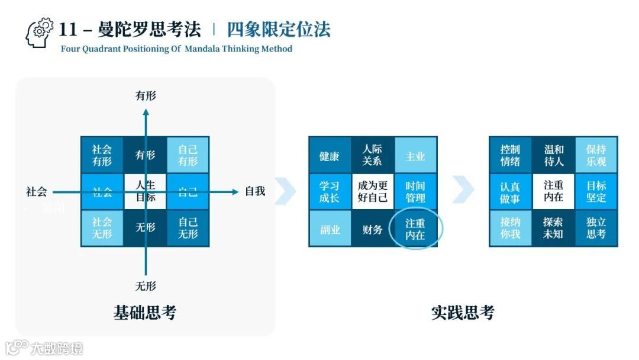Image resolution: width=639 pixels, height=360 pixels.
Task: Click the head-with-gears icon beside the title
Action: click(39, 33)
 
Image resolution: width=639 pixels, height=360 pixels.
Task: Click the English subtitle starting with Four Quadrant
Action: click(176, 49)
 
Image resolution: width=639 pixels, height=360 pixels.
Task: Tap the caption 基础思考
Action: click(145, 312)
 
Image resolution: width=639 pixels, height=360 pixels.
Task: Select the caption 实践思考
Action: click(463, 312)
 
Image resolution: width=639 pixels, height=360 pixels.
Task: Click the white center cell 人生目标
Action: click(146, 191)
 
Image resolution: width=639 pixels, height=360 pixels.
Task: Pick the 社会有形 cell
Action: click(102, 155)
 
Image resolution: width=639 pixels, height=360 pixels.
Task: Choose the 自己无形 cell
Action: click(188, 228)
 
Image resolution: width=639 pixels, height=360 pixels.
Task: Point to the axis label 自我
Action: click(255, 191)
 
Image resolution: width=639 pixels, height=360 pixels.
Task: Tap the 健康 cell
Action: click(330, 156)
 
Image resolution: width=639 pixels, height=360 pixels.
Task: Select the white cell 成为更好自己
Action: click(373, 191)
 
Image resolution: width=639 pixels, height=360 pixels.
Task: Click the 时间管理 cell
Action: click(415, 192)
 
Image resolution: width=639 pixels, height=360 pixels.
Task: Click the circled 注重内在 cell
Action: click(415, 229)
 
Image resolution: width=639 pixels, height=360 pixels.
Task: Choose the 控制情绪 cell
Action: click(510, 155)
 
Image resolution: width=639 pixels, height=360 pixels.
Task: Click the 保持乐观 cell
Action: click(596, 155)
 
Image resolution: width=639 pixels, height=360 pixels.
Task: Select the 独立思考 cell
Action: click(596, 228)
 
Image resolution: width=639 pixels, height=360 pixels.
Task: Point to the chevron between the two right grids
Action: click(463, 189)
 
